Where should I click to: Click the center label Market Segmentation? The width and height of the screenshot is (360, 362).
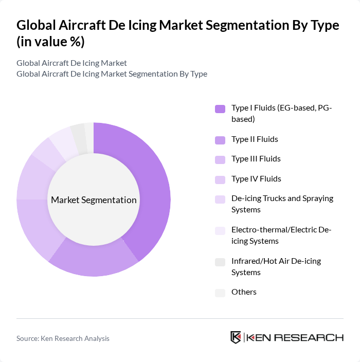(94, 200)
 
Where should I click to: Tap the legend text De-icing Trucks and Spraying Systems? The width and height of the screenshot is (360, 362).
(282, 204)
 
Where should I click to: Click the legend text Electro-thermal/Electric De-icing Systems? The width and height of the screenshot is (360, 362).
(281, 236)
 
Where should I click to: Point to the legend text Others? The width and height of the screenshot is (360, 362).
(244, 292)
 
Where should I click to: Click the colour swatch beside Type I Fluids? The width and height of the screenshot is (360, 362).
(220, 108)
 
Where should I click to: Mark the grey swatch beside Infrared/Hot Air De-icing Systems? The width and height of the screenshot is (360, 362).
(220, 262)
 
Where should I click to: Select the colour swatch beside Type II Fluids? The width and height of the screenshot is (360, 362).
(220, 140)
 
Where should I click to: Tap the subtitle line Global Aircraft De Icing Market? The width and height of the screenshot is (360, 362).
(71, 63)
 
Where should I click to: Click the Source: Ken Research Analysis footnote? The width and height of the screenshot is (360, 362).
(63, 338)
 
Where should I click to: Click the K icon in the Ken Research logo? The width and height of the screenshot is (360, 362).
(236, 337)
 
